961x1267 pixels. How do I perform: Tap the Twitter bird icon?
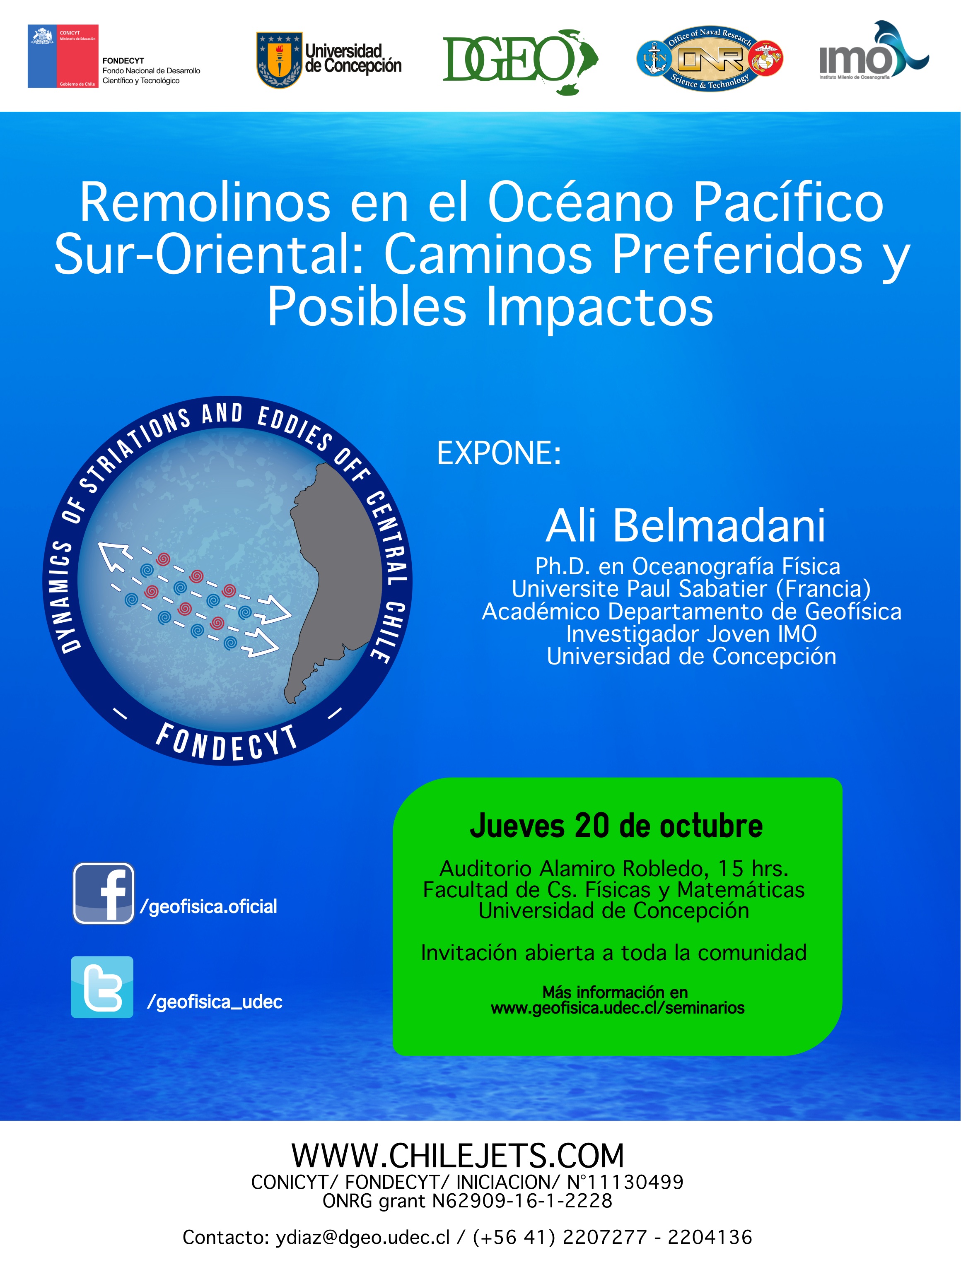click(x=102, y=987)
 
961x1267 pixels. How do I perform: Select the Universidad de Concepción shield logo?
click(x=279, y=60)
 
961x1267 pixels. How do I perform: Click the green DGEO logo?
click(x=520, y=61)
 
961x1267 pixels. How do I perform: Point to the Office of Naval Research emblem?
click(x=710, y=58)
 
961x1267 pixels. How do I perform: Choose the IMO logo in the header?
click(x=873, y=52)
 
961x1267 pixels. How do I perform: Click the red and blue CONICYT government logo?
click(x=63, y=56)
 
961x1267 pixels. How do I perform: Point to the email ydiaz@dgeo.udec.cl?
click(x=363, y=1238)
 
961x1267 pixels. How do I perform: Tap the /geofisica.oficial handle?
click(x=209, y=906)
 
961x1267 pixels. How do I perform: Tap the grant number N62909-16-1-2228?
click(x=522, y=1201)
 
